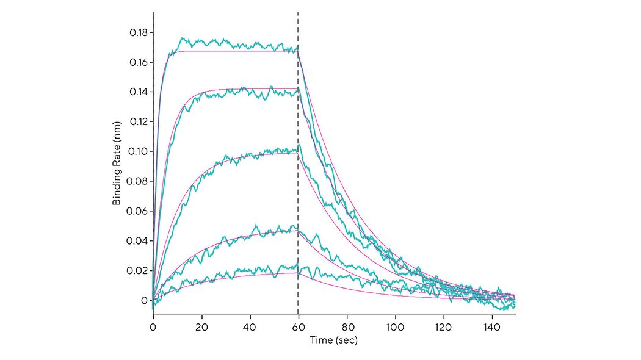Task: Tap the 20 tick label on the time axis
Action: (201, 327)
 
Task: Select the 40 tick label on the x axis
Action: (250, 327)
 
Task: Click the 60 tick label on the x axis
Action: (298, 327)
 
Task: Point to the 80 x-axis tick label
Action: (347, 327)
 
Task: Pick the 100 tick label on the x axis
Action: (395, 327)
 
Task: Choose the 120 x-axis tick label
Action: (443, 327)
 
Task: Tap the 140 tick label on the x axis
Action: (491, 327)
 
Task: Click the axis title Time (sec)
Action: (333, 340)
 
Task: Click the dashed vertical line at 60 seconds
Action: (298, 183)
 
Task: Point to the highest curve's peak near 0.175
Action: (182, 38)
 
